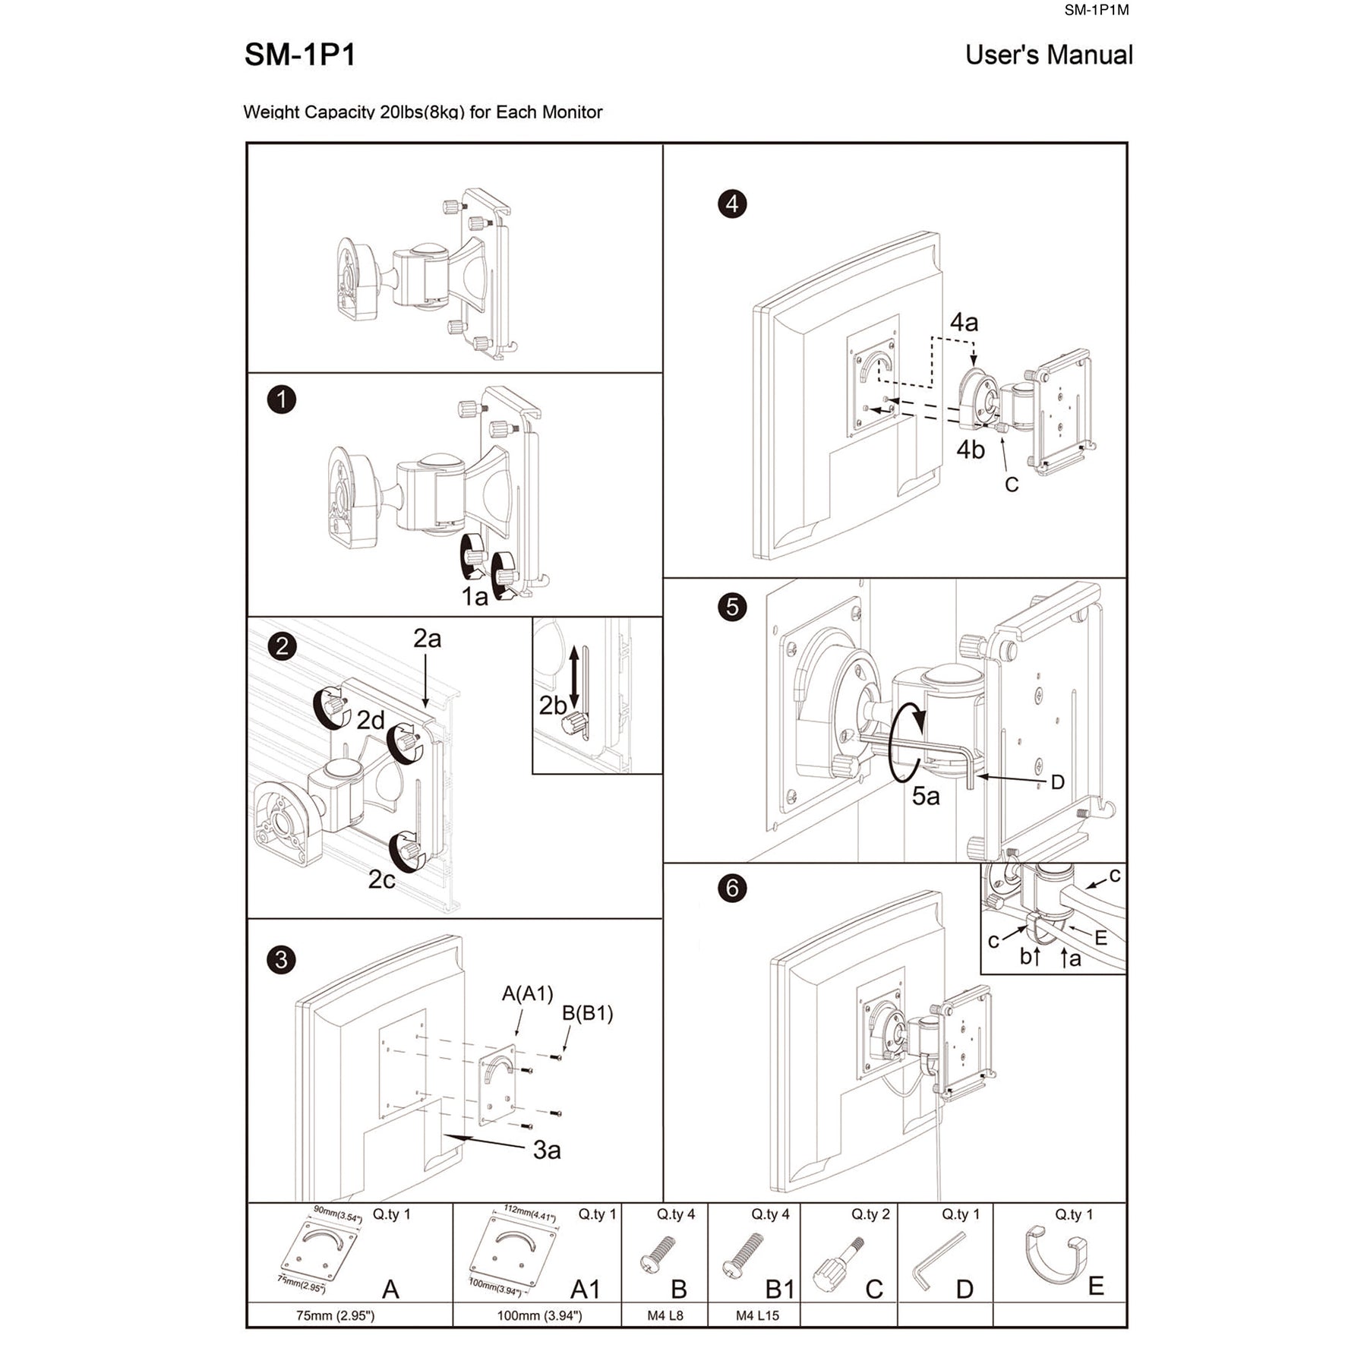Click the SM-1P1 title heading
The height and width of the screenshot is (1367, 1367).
point(300,55)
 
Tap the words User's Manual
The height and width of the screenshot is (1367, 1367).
point(1048,55)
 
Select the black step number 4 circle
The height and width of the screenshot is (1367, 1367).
point(732,204)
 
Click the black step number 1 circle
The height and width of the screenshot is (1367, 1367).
point(282,399)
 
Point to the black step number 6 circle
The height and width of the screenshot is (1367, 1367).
point(732,888)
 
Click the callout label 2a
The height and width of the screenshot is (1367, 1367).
point(427,639)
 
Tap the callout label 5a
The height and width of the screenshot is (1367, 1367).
point(926,796)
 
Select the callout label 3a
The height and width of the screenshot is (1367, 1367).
point(547,1150)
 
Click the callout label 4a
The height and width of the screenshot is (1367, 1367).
point(964,322)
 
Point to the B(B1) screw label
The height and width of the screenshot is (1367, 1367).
point(587,1013)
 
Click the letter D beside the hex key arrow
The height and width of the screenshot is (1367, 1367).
point(1057,782)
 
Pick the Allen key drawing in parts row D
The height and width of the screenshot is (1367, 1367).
point(938,1261)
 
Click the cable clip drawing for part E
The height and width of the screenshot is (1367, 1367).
point(1056,1258)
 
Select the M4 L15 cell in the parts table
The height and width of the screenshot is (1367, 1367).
point(756,1315)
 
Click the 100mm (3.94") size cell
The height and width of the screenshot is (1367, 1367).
point(539,1315)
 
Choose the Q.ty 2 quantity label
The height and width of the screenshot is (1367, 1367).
point(870,1214)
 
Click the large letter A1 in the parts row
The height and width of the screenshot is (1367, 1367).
point(585,1289)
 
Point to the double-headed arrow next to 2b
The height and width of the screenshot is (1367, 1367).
point(574,677)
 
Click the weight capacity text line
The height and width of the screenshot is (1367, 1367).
point(422,112)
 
